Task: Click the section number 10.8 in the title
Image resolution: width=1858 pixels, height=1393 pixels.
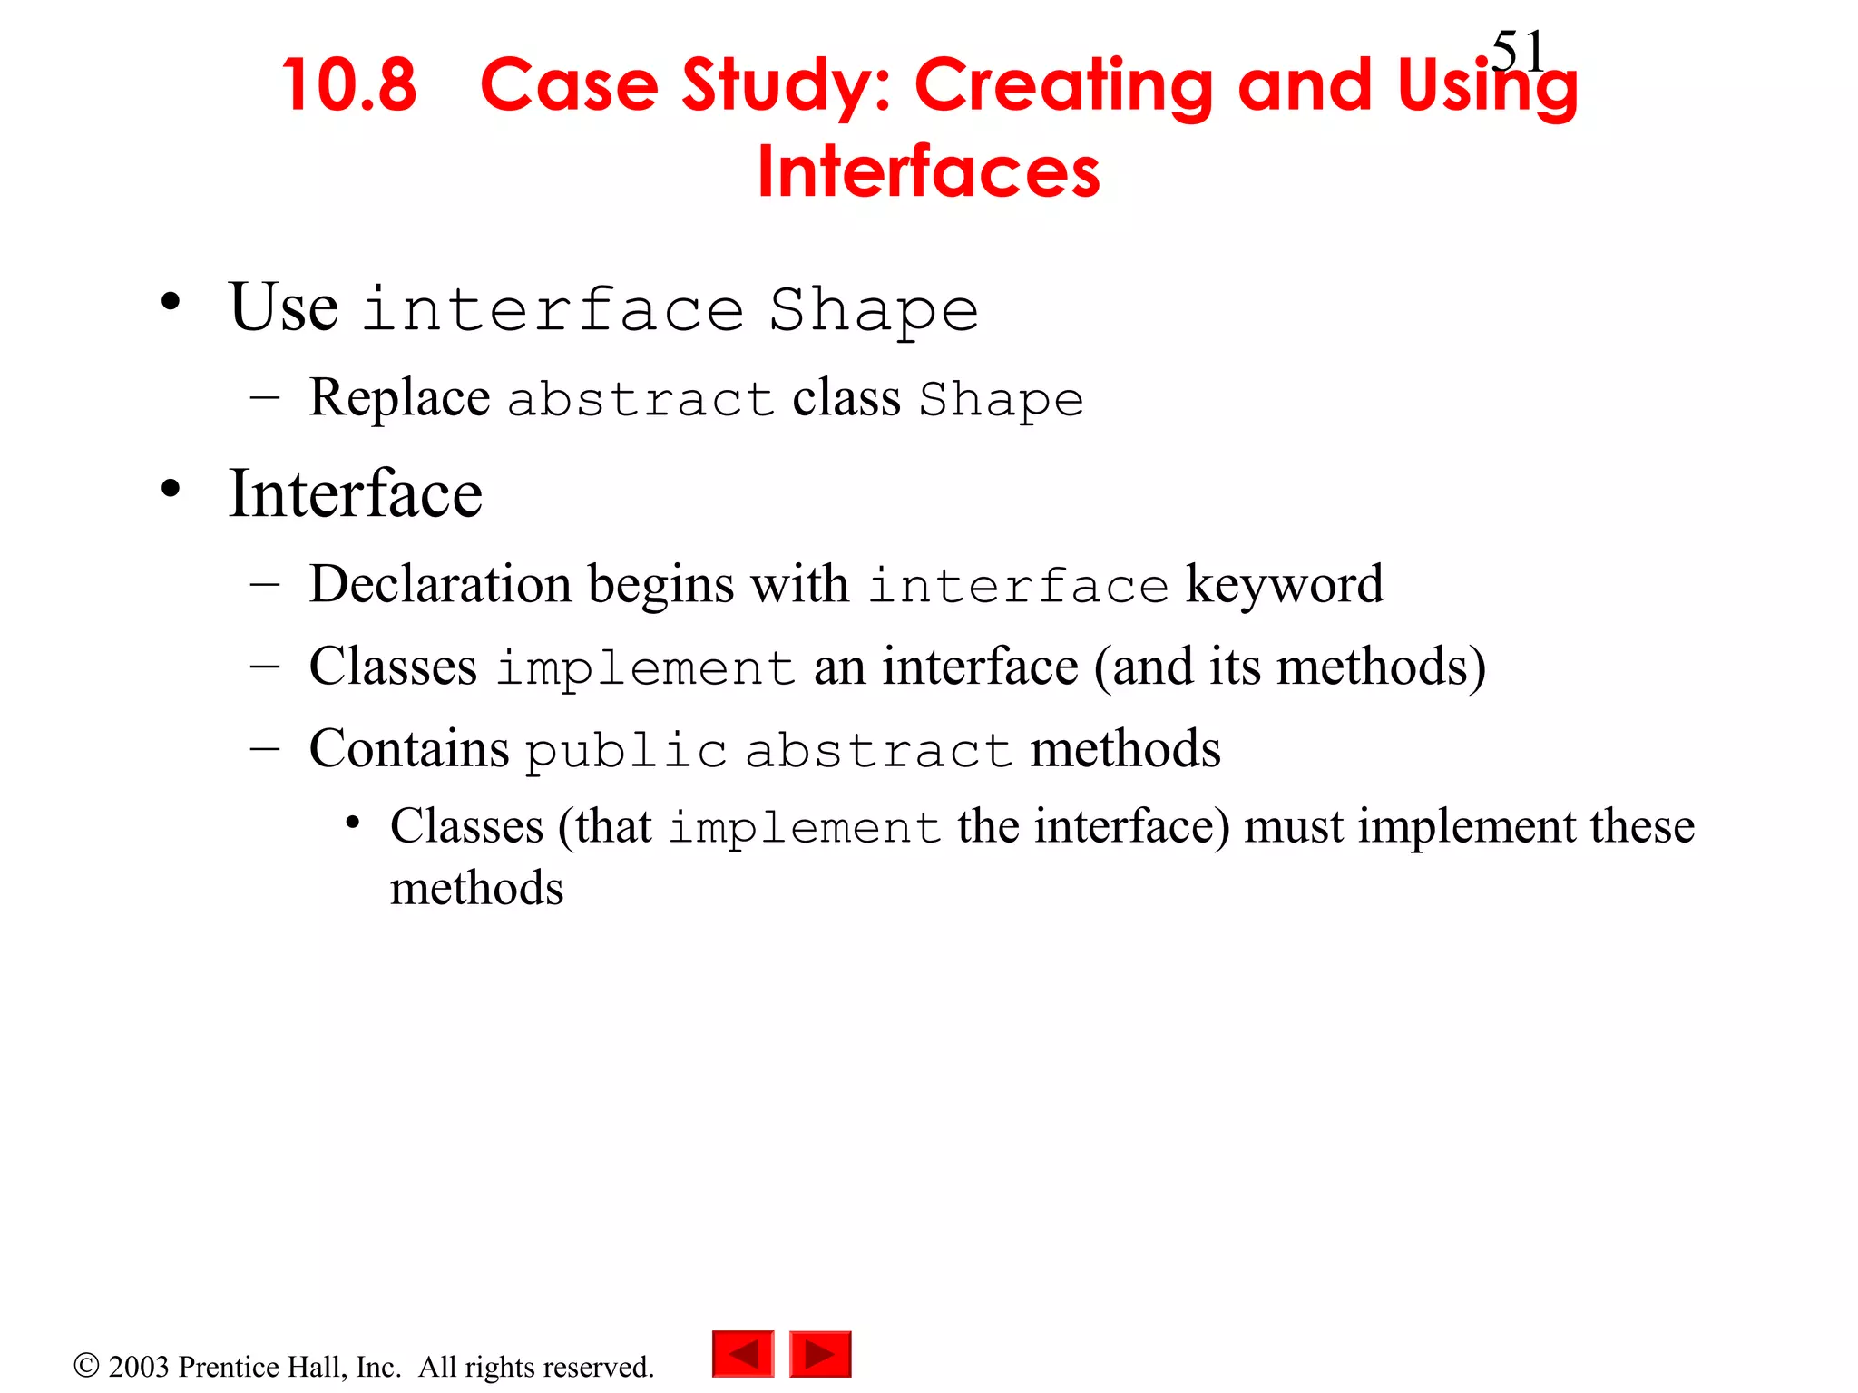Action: pyautogui.click(x=349, y=86)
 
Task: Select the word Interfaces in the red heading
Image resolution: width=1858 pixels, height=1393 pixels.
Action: pyautogui.click(x=928, y=171)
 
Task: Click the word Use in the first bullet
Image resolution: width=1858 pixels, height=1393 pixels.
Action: pyautogui.click(x=284, y=308)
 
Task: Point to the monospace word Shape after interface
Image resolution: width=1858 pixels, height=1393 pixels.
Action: pyautogui.click(x=874, y=311)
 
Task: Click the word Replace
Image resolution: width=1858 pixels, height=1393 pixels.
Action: pyautogui.click(x=399, y=399)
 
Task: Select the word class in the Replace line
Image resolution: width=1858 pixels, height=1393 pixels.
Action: pyautogui.click(x=846, y=399)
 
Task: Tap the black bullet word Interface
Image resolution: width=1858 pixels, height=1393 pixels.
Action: pyautogui.click(x=355, y=494)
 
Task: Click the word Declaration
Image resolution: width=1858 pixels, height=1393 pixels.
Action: pyautogui.click(x=440, y=584)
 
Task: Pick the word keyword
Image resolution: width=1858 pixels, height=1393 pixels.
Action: pyautogui.click(x=1284, y=584)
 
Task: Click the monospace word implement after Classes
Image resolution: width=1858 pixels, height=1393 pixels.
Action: pyautogui.click(x=645, y=669)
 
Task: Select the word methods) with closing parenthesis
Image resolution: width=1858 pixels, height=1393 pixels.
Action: pyautogui.click(x=1381, y=667)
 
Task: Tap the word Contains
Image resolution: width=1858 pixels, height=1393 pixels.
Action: pyautogui.click(x=409, y=749)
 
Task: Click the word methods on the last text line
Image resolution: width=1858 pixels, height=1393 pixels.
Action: pyautogui.click(x=476, y=888)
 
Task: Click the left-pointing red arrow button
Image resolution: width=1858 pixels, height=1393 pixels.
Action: pyautogui.click(x=743, y=1354)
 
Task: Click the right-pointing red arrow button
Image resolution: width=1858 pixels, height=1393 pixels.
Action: pyautogui.click(x=820, y=1354)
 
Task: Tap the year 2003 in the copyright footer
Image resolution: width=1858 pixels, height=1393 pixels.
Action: pyautogui.click(x=139, y=1367)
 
